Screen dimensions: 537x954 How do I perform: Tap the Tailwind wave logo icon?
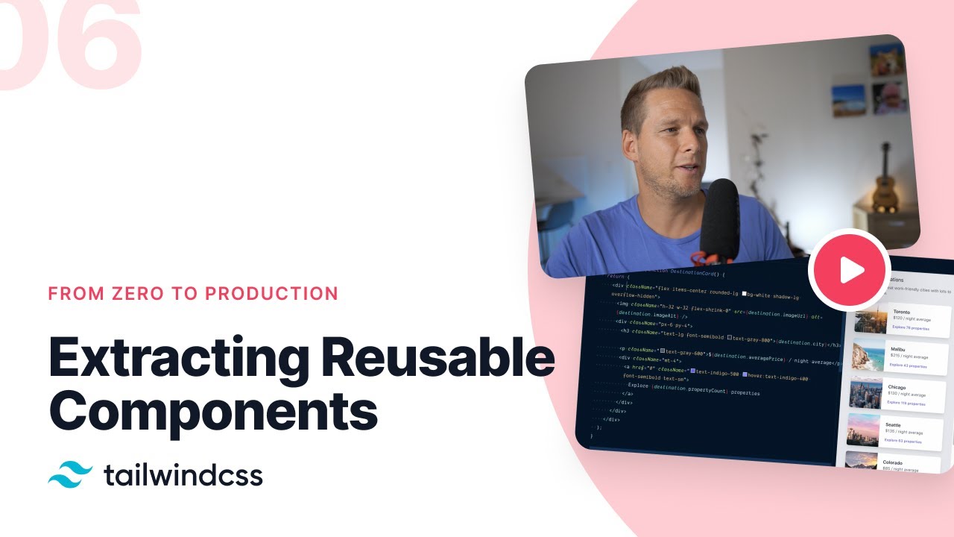point(71,474)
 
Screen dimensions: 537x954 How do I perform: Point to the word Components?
point(213,412)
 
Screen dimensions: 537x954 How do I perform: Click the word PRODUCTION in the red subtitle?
point(272,293)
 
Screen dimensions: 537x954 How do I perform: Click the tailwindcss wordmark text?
point(183,474)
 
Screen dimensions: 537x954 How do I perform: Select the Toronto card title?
point(902,312)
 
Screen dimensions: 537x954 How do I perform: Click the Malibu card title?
point(898,349)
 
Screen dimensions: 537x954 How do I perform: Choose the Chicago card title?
point(897,388)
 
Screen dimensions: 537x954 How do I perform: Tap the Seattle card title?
point(893,425)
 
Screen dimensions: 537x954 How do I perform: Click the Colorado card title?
point(893,462)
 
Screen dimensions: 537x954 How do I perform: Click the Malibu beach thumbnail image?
point(867,356)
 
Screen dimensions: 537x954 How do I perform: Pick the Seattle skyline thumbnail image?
point(863,430)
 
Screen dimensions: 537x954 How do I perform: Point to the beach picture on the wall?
point(849,100)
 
